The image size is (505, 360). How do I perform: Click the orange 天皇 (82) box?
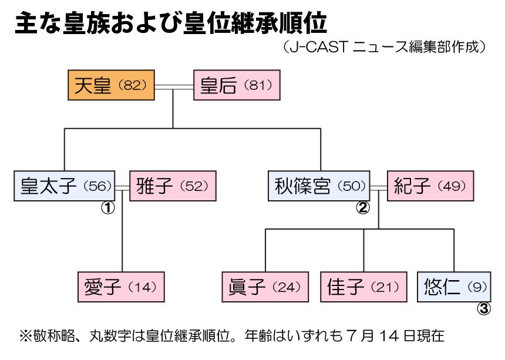pyautogui.click(x=111, y=86)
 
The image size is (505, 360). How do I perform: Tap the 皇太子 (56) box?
pyautogui.click(x=65, y=187)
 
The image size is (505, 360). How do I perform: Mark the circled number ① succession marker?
pyautogui.click(x=108, y=207)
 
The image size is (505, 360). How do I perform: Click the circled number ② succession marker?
pyautogui.click(x=363, y=207)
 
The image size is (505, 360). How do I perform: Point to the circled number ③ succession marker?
pyautogui.click(x=483, y=309)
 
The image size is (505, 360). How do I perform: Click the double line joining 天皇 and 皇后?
pyautogui.click(x=174, y=86)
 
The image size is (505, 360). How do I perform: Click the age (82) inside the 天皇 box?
pyautogui.click(x=132, y=86)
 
